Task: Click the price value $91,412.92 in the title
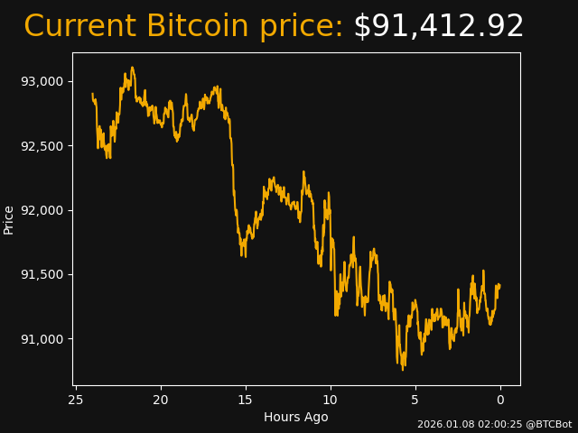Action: [x=438, y=27]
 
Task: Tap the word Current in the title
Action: [x=80, y=27]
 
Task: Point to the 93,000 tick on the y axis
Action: [x=42, y=81]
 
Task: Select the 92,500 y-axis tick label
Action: [x=42, y=146]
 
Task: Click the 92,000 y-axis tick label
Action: [x=42, y=210]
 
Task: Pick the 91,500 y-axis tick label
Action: [x=42, y=274]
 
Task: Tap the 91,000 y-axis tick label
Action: [x=42, y=339]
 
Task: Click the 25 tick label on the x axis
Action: [x=76, y=400]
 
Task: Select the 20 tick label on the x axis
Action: [x=161, y=400]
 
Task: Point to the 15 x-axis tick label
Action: [x=246, y=400]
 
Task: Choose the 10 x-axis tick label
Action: [x=331, y=400]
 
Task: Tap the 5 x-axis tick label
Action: [x=415, y=400]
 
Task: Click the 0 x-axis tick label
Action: [x=500, y=400]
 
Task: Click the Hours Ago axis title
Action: [x=296, y=417]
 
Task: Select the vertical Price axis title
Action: [x=10, y=219]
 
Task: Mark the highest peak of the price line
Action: [x=132, y=67]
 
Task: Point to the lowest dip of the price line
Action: [x=403, y=369]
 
